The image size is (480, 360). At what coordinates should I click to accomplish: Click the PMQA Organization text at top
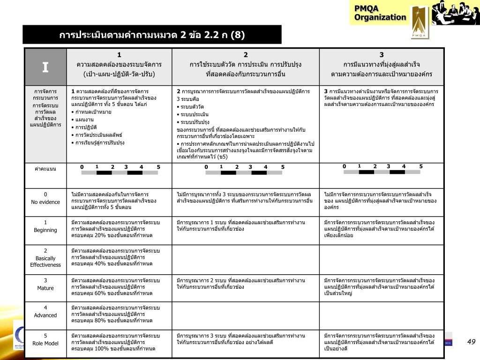click(380, 13)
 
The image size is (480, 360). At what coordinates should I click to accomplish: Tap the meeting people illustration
click(455, 13)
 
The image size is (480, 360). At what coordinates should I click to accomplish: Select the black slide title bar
click(152, 35)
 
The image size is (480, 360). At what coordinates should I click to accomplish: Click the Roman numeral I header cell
click(45, 67)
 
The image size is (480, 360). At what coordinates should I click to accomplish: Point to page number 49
click(471, 342)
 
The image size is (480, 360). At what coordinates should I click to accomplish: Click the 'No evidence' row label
click(45, 198)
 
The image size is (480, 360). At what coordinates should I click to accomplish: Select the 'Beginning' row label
click(45, 226)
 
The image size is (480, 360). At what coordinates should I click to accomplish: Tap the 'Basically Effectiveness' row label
click(45, 258)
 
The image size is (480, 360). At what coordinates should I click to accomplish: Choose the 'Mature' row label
click(45, 285)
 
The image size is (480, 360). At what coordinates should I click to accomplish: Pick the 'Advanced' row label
click(45, 312)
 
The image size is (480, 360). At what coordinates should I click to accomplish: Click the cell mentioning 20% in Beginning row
click(119, 228)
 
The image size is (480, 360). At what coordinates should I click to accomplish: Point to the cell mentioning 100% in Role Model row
click(119, 342)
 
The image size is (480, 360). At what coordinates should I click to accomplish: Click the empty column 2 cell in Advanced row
click(246, 315)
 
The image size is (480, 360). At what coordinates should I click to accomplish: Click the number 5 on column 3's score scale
click(421, 166)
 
